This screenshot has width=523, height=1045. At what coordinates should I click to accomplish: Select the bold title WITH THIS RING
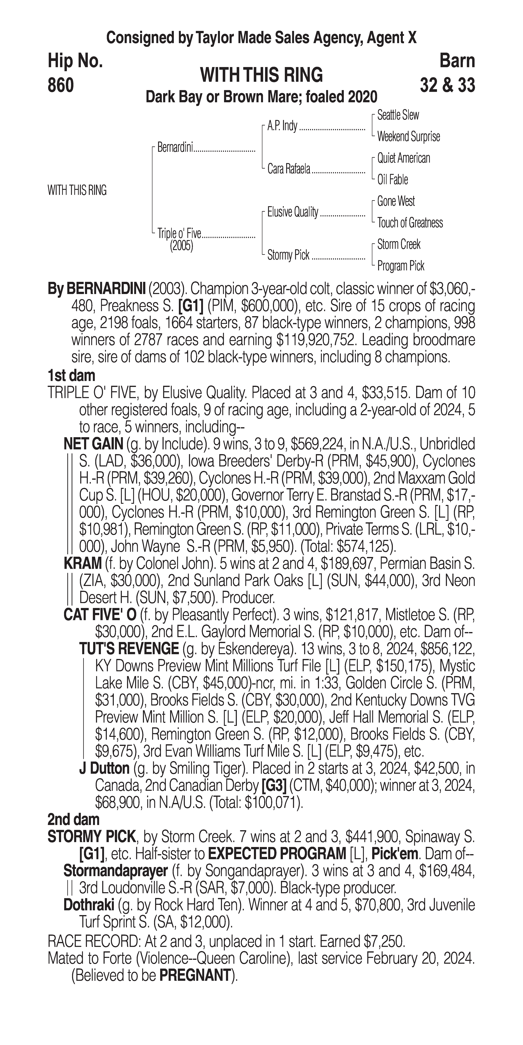point(261,75)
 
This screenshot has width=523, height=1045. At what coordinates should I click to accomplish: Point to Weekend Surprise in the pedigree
point(408,137)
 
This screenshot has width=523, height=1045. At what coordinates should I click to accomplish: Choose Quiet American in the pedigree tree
point(403,158)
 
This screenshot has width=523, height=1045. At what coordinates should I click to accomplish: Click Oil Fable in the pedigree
point(392,180)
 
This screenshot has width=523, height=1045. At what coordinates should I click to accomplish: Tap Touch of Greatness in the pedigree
point(410,223)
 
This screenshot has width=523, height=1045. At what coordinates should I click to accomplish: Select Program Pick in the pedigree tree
point(401,266)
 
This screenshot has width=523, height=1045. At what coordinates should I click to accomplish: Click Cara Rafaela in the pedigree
point(289,169)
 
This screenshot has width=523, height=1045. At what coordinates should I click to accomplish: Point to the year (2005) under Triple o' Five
point(181,246)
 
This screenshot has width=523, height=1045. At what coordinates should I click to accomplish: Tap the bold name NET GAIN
point(93,444)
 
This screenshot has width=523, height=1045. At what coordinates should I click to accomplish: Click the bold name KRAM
point(83,564)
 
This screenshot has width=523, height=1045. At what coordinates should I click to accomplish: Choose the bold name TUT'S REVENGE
point(129,649)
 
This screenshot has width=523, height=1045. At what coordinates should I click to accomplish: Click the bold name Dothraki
point(89,905)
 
